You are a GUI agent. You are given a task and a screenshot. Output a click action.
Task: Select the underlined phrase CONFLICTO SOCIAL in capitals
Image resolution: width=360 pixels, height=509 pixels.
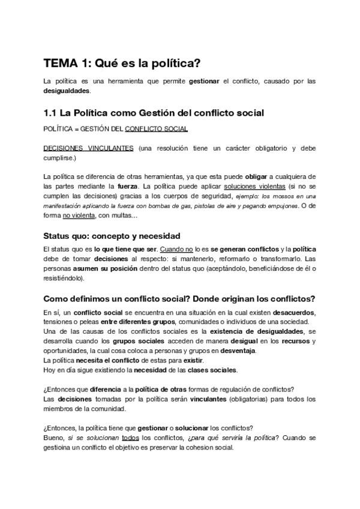click(156, 129)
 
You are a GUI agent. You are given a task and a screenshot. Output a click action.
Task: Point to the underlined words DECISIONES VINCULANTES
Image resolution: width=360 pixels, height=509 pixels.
click(89, 148)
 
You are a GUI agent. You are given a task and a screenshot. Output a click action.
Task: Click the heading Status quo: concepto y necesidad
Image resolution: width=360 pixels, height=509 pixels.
click(112, 236)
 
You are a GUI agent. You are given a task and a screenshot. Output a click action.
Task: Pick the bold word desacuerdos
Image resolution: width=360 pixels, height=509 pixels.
click(293, 313)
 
